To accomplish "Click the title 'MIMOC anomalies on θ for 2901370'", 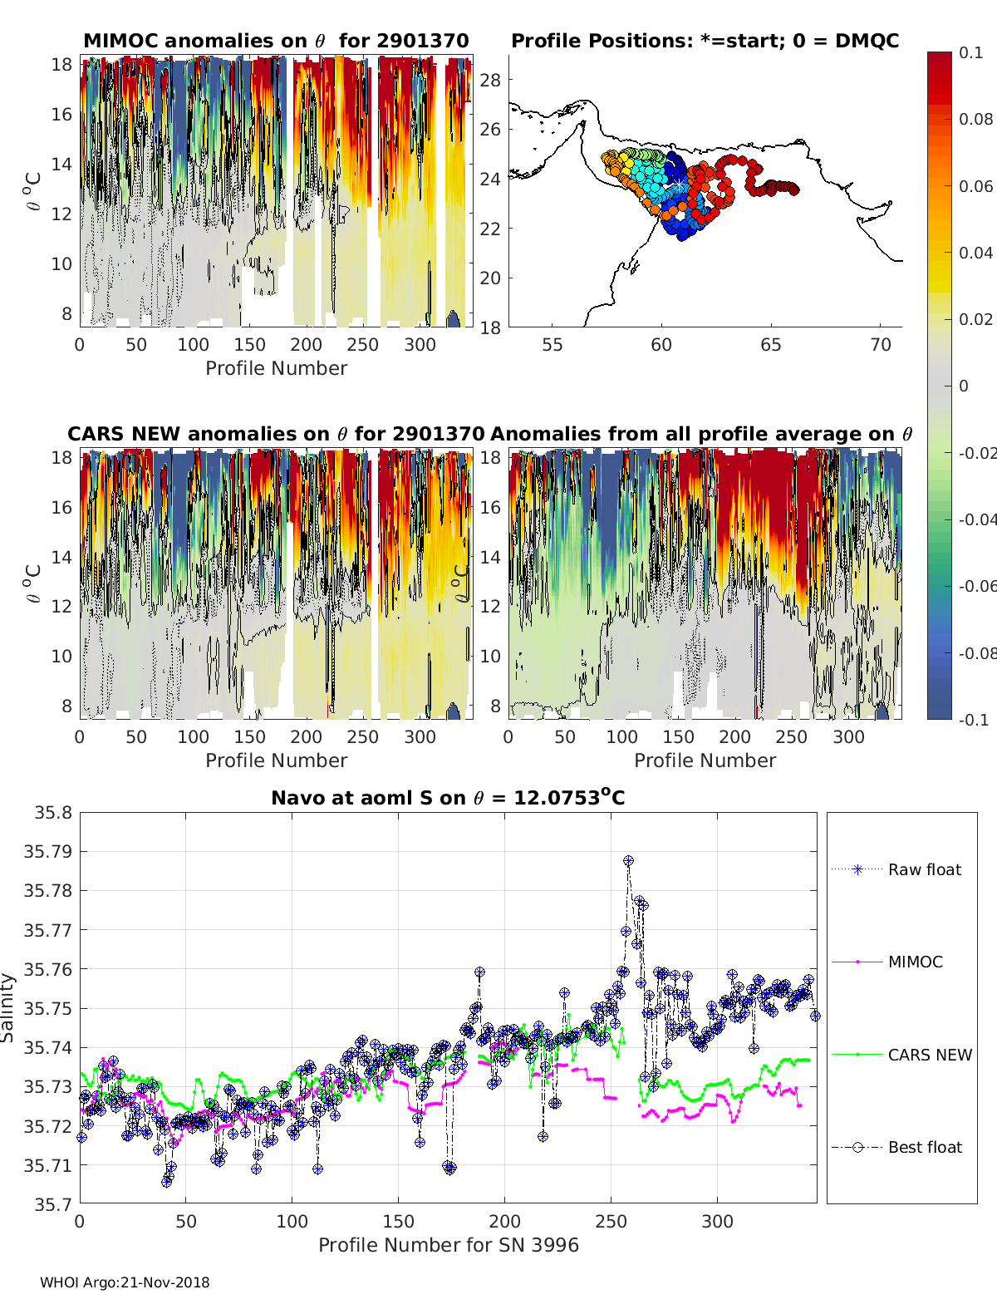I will tap(276, 41).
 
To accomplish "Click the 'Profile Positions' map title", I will tap(705, 41).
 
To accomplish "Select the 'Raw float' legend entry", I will tap(924, 869).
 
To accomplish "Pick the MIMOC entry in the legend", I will tap(915, 962).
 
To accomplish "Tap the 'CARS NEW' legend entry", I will tap(929, 1055).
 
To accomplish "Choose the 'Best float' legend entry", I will tap(924, 1147).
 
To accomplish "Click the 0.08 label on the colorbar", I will tap(975, 119).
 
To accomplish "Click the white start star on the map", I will tap(679, 184).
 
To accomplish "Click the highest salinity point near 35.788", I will tap(629, 861).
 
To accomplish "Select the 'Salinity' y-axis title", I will tap(8, 1007).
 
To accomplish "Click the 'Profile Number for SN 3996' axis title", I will tap(448, 1245).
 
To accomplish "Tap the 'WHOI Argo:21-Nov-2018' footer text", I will tap(125, 1282).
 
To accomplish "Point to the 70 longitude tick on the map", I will tap(881, 344).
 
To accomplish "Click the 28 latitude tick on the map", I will tap(491, 80).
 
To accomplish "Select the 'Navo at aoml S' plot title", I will tap(448, 798).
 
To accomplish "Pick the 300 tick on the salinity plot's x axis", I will tap(717, 1221).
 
